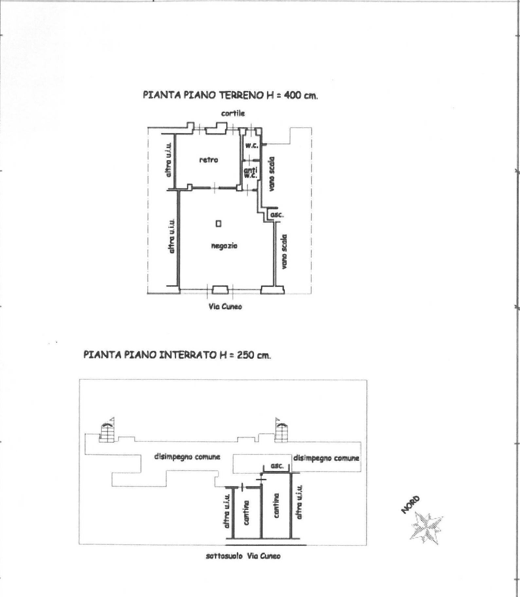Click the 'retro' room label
pyautogui.click(x=208, y=160)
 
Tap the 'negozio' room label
pyautogui.click(x=224, y=246)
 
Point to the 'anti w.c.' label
pyautogui.click(x=251, y=172)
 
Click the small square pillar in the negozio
pyautogui.click(x=218, y=224)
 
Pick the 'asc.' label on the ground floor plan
pyautogui.click(x=277, y=215)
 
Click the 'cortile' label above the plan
pyautogui.click(x=233, y=113)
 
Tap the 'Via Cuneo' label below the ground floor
pyautogui.click(x=225, y=306)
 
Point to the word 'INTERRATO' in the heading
pyautogui.click(x=186, y=355)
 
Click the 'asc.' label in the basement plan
pyautogui.click(x=277, y=466)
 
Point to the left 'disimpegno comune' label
pyautogui.click(x=187, y=457)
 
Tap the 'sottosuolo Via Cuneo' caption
pyautogui.click(x=243, y=556)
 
